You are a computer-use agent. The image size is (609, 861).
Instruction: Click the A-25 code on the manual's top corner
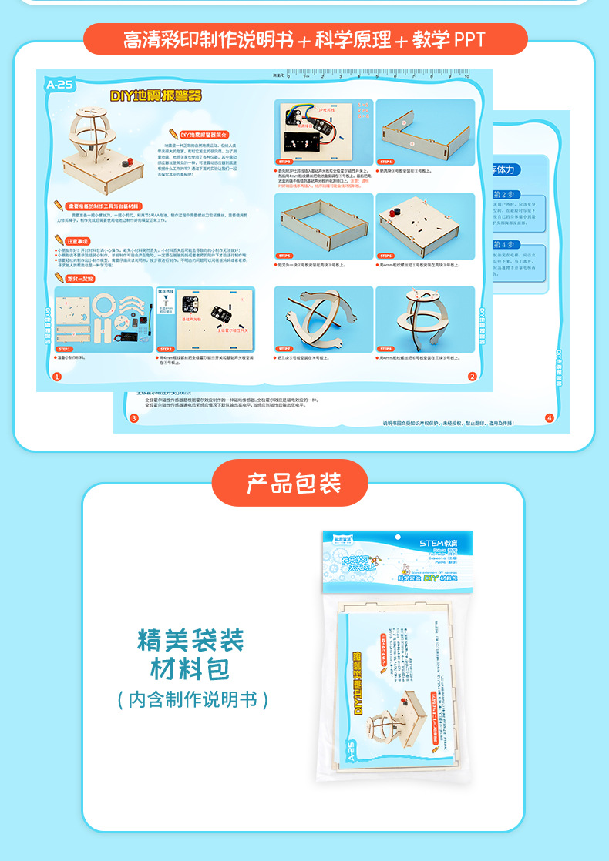pyautogui.click(x=59, y=85)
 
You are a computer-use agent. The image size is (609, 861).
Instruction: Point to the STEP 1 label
pyautogui.click(x=65, y=349)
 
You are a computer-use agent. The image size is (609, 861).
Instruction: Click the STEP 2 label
pyautogui.click(x=167, y=349)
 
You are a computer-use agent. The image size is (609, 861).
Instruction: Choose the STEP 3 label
pyautogui.click(x=284, y=162)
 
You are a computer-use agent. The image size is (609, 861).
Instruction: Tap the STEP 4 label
pyautogui.click(x=385, y=162)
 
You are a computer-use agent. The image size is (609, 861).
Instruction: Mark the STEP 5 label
pyautogui.click(x=284, y=256)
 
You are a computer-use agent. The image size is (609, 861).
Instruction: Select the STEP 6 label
pyautogui.click(x=385, y=256)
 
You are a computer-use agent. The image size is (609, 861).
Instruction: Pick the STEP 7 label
pyautogui.click(x=284, y=349)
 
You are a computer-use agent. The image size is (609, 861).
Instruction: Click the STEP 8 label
pyautogui.click(x=385, y=349)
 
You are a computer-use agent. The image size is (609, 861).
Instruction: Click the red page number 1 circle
pyautogui.click(x=57, y=376)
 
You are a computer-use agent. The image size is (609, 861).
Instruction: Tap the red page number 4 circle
pyautogui.click(x=550, y=418)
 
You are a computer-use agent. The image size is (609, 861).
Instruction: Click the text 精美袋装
pyautogui.click(x=190, y=639)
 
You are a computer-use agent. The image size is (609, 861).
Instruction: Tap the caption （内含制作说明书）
pyautogui.click(x=193, y=699)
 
